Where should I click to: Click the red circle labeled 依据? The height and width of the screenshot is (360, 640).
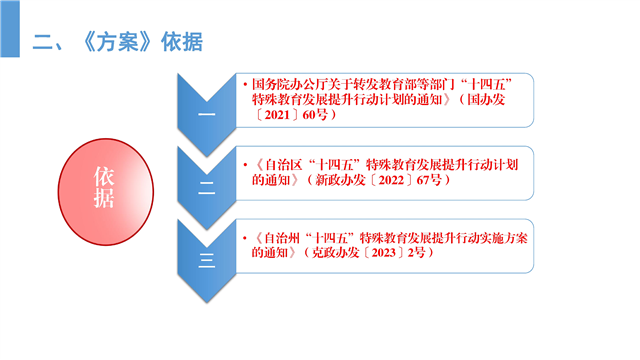[x=106, y=192]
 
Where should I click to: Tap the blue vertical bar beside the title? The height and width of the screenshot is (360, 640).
[x=10, y=29]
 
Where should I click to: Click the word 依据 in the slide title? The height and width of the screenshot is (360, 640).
[x=182, y=42]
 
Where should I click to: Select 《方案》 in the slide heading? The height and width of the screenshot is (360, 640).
[x=117, y=42]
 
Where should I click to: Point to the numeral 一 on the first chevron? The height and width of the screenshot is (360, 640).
[x=207, y=114]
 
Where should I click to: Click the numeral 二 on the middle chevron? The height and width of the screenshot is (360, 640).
[x=207, y=188]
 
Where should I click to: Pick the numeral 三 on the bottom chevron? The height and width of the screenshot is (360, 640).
[x=207, y=260]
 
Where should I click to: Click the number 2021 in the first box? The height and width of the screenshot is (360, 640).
[x=277, y=115]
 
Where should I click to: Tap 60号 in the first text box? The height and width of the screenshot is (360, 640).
[x=315, y=115]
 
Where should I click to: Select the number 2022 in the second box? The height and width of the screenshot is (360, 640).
[x=391, y=180]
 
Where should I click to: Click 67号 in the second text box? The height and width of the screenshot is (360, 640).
[x=429, y=180]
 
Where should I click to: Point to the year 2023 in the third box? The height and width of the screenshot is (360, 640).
[x=384, y=253]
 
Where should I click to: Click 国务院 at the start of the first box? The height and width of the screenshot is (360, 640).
[x=271, y=84]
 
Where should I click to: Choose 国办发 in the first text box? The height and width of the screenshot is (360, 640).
[x=486, y=100]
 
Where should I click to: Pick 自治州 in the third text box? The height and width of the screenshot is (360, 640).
[x=282, y=238]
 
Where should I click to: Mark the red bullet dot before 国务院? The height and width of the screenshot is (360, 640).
[x=245, y=85]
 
